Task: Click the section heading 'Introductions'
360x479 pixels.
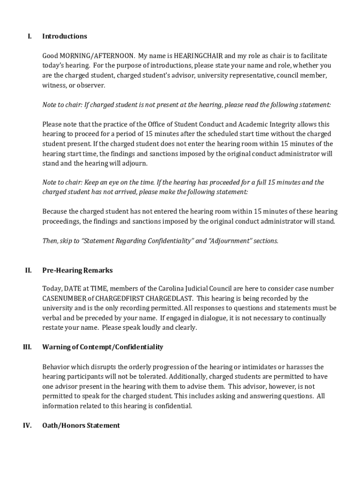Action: click(x=65, y=36)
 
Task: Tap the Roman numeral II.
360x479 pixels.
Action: click(x=28, y=270)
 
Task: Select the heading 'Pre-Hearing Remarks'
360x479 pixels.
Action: click(x=77, y=270)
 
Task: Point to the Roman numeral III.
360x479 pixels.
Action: click(x=27, y=347)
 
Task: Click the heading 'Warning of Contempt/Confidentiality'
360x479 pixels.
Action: click(x=102, y=347)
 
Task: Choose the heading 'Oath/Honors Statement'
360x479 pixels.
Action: click(x=81, y=425)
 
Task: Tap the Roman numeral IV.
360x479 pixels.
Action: click(x=27, y=425)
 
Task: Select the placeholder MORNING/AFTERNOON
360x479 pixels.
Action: click(x=97, y=56)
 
